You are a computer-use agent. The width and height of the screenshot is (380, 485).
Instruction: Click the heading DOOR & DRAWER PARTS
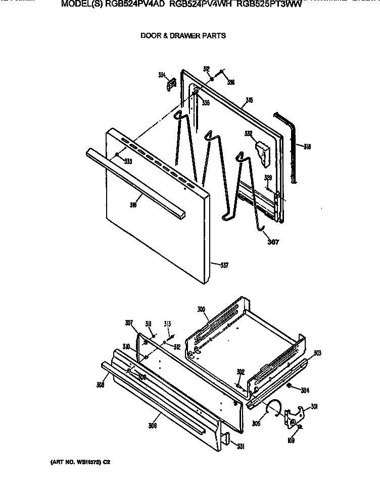point(182,36)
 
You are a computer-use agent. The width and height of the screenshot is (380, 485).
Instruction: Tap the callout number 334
point(162,75)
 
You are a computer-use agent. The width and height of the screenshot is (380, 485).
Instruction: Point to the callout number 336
point(230,82)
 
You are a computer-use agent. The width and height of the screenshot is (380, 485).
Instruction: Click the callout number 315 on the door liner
point(249,101)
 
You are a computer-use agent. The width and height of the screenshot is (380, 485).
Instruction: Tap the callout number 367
point(273,242)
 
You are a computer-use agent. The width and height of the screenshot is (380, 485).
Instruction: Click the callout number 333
point(128,161)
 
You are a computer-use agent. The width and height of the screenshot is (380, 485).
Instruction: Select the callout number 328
point(268,178)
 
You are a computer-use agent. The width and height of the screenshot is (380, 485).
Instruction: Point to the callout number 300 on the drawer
point(201,309)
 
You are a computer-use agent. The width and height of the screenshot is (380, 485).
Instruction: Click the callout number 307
point(129,323)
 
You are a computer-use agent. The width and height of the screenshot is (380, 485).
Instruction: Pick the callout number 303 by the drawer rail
point(317,353)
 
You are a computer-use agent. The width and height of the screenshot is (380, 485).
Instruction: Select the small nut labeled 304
point(289,387)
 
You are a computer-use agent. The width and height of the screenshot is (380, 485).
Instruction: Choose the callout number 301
point(314,407)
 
